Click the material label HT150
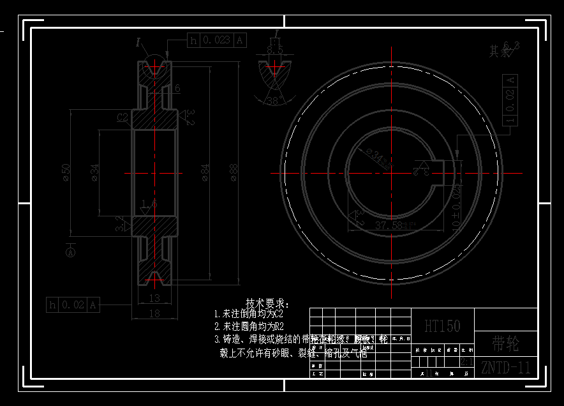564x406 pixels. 442,326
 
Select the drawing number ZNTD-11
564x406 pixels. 506,367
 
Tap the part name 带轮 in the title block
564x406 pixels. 506,345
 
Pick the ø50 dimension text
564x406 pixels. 66,171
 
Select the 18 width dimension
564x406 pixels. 154,313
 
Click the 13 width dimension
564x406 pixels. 154,298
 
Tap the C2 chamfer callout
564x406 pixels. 123,117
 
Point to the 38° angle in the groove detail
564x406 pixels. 272,100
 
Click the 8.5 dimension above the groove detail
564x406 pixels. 275,50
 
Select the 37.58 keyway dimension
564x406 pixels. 389,225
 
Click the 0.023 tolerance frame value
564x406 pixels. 216,40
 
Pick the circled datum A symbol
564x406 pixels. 70,253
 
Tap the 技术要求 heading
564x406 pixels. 267,303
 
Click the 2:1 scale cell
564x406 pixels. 466,362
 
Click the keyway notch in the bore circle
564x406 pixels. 437,170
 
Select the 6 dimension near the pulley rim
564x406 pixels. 177,88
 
